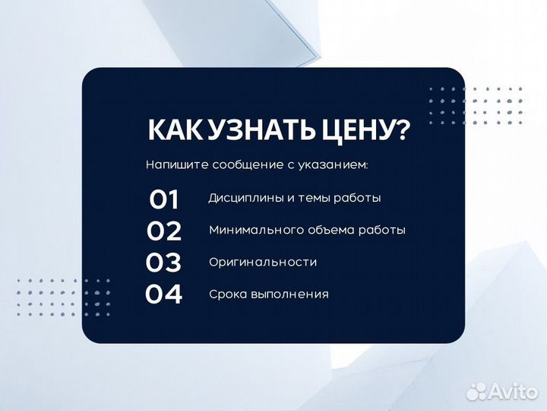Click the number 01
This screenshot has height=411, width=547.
click(x=163, y=199)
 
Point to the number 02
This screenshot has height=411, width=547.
click(x=163, y=231)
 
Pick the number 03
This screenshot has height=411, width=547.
click(x=163, y=263)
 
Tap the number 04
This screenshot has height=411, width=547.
click(x=163, y=294)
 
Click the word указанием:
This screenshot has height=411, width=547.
click(x=332, y=164)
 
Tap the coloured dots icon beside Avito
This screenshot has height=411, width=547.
click(x=478, y=391)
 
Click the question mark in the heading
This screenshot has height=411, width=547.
click(x=401, y=130)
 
